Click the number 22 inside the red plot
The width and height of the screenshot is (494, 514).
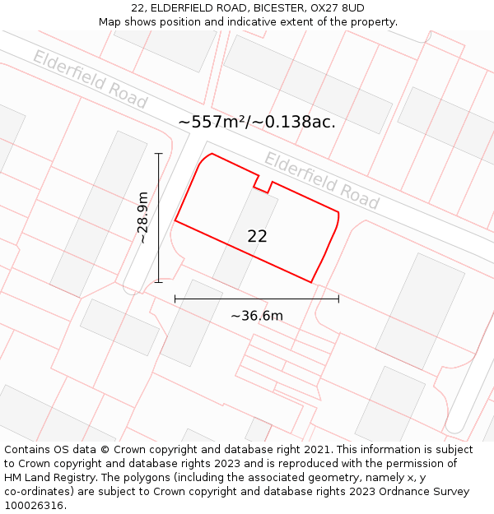click(257, 236)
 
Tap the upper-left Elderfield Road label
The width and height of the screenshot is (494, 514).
click(90, 79)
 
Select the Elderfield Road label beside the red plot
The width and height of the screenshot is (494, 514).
click(321, 181)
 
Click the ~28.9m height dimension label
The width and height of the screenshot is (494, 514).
click(142, 218)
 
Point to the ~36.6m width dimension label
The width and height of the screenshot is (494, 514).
click(256, 316)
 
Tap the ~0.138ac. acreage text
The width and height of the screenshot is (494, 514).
click(293, 122)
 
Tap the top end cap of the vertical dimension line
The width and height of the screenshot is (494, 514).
click(159, 153)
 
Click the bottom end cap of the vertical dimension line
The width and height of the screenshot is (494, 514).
click(159, 282)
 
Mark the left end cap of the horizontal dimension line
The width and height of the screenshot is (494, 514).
click(175, 299)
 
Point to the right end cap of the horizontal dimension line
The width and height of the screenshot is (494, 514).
click(338, 299)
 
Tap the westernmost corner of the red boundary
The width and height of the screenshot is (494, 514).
click(175, 220)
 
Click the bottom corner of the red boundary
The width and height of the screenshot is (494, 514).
click(311, 282)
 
